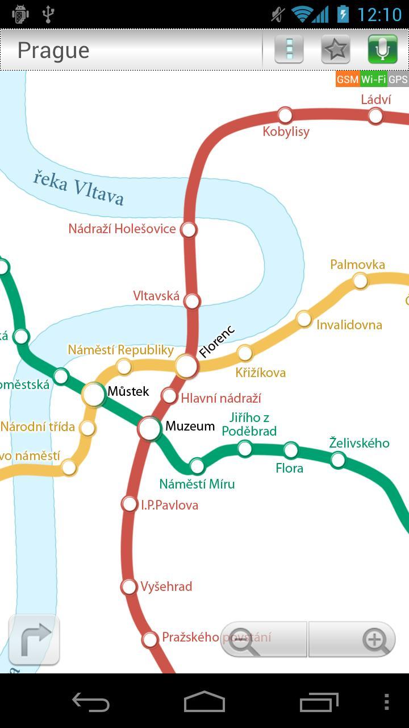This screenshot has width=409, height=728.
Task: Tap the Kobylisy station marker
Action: click(x=285, y=115)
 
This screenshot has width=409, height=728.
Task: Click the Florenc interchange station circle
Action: click(x=186, y=366)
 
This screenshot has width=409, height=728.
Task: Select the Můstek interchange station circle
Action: click(x=94, y=394)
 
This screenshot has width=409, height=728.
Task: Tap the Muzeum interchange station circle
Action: click(x=150, y=429)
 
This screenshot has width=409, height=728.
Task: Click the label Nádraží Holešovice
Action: click(x=122, y=229)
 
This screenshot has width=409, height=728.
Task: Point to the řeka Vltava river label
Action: click(x=78, y=187)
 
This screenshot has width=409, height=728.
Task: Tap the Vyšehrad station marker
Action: click(x=130, y=586)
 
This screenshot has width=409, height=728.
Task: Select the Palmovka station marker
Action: click(x=360, y=280)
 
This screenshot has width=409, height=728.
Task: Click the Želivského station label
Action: click(x=359, y=443)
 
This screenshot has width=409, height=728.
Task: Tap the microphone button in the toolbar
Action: click(x=382, y=50)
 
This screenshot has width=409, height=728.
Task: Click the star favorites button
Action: click(x=336, y=50)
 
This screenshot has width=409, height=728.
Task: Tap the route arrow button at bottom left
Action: click(x=34, y=640)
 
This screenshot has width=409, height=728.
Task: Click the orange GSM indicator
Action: click(x=347, y=80)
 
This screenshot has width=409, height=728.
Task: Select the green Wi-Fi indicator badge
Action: click(x=373, y=80)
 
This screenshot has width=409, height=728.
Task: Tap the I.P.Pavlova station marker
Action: click(x=130, y=504)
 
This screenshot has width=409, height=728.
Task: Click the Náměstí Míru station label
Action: click(x=197, y=484)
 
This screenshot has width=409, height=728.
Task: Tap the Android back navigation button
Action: click(x=91, y=702)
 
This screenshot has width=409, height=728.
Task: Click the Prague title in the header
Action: click(x=53, y=51)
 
